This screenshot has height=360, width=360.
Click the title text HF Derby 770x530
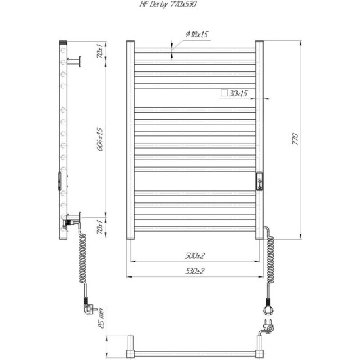pyautogui.click(x=168, y=5)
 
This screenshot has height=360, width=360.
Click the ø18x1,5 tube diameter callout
pyautogui.click(x=197, y=34)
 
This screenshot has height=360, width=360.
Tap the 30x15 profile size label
pyautogui.click(x=238, y=93)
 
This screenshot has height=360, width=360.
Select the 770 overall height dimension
pyautogui.click(x=295, y=139)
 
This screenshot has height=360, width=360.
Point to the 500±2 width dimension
pyautogui.click(x=194, y=255)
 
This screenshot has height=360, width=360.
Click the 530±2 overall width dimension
pyautogui.click(x=194, y=271)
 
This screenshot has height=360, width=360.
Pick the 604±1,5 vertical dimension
pyautogui.click(x=100, y=139)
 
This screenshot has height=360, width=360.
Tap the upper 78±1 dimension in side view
pyautogui.click(x=100, y=51)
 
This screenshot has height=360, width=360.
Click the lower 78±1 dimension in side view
pyautogui.click(x=100, y=227)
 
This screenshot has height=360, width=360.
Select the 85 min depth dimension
pyautogui.click(x=101, y=319)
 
